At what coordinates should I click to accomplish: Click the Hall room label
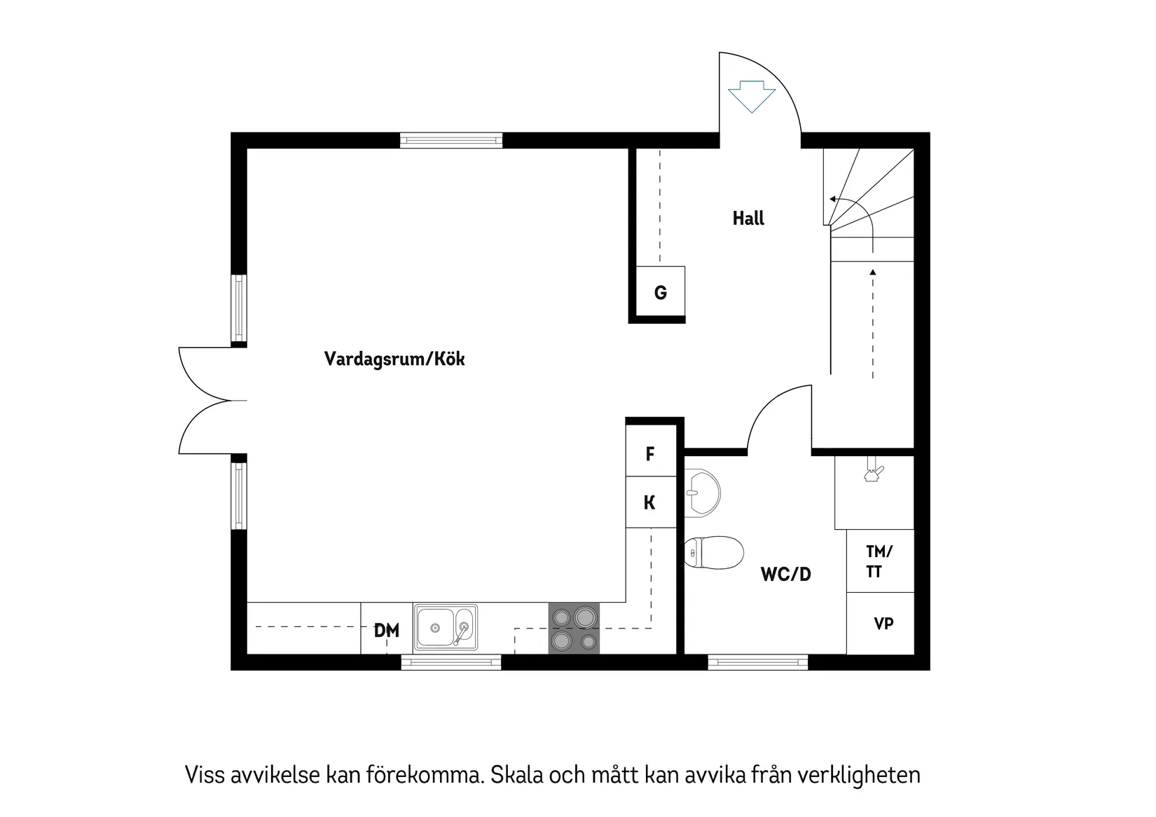(748, 219)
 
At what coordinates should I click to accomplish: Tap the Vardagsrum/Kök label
(394, 359)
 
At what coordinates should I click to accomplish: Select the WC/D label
(786, 575)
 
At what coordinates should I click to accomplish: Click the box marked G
(660, 292)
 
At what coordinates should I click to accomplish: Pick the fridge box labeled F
(651, 454)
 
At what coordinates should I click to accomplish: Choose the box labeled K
(651, 502)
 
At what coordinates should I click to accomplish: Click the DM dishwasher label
(387, 631)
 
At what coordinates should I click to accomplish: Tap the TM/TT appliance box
(880, 561)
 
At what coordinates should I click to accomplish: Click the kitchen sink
(445, 627)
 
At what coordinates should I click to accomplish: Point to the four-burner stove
(574, 628)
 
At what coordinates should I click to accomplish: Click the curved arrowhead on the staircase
(832, 199)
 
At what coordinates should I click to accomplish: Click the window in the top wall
(451, 140)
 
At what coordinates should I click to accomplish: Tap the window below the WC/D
(757, 661)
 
